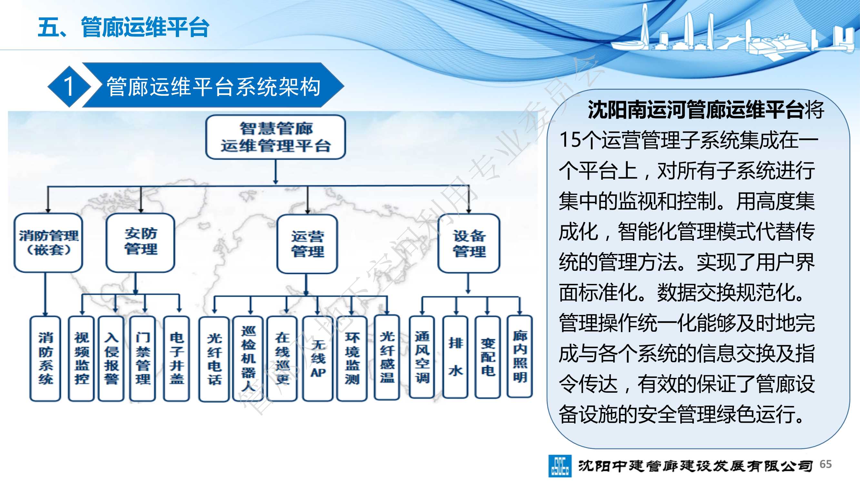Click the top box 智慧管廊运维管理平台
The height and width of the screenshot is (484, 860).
[275, 137]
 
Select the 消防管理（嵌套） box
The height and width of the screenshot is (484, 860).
[48, 243]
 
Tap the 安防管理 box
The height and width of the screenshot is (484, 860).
[141, 243]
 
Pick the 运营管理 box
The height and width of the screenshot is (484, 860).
[307, 244]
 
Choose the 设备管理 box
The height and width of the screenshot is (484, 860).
[469, 243]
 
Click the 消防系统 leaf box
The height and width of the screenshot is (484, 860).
[45, 358]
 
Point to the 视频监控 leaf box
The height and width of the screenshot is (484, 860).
[82, 358]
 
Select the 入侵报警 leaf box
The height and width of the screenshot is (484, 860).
[111, 358]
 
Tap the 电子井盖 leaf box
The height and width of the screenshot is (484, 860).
[176, 358]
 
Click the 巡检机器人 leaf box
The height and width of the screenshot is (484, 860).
[248, 358]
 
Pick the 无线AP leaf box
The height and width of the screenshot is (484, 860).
[318, 358]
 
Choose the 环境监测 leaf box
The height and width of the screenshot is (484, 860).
[352, 358]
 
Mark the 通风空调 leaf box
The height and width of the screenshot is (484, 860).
[422, 357]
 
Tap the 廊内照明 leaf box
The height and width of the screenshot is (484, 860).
[520, 357]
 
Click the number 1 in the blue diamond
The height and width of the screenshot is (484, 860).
[69, 86]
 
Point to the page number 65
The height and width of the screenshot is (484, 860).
[825, 464]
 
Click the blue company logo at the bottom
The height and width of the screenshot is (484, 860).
[560, 466]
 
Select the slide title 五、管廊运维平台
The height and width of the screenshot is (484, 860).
[124, 27]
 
